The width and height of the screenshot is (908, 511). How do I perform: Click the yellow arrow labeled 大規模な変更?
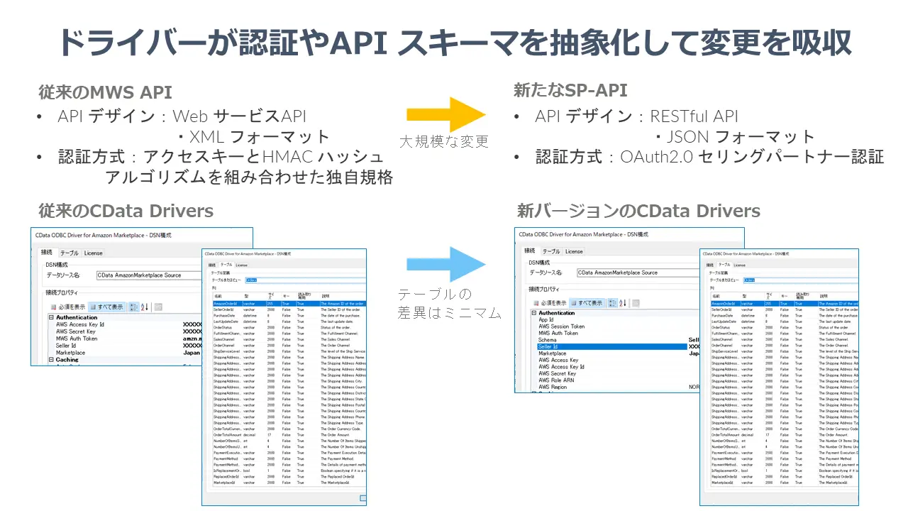(x=445, y=115)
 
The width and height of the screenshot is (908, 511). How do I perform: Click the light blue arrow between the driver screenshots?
(x=445, y=264)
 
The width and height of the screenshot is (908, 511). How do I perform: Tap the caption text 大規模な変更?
(x=444, y=141)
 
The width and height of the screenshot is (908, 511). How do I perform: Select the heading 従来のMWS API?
(x=105, y=92)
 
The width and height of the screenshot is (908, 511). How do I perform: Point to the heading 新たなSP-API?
(x=570, y=90)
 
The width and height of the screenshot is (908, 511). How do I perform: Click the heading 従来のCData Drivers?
(x=126, y=211)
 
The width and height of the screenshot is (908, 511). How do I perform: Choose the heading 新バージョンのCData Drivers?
(x=638, y=211)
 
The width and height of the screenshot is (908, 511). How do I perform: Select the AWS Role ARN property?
(x=556, y=380)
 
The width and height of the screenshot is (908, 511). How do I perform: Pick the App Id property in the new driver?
(x=546, y=319)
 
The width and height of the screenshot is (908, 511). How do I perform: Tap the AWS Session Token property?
(x=562, y=326)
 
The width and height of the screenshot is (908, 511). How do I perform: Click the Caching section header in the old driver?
(x=67, y=360)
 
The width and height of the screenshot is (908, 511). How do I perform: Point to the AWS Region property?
(x=553, y=387)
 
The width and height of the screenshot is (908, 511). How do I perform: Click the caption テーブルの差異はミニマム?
(x=449, y=303)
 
